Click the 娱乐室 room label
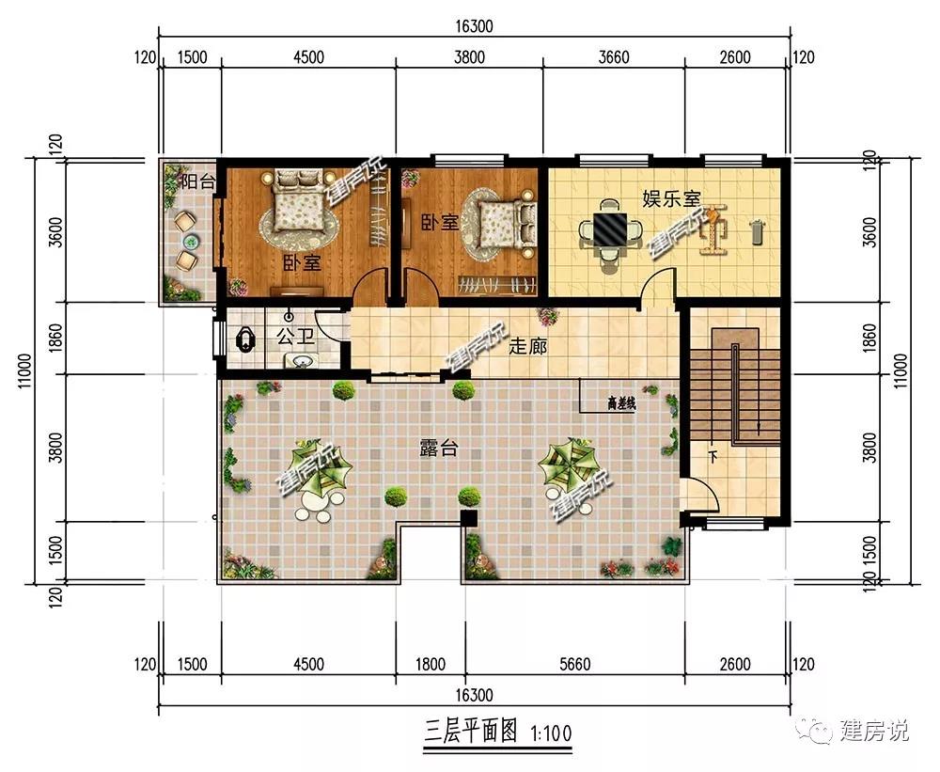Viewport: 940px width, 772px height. [671, 198]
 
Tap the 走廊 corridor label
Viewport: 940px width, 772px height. [527, 346]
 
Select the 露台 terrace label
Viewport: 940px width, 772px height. [439, 448]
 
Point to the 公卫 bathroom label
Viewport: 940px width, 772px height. [295, 336]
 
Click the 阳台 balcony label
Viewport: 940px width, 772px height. [197, 181]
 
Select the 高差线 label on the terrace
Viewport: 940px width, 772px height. [621, 404]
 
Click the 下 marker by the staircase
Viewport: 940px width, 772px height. [713, 457]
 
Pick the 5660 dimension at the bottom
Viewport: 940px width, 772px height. [575, 664]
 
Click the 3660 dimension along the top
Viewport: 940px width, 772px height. [614, 57]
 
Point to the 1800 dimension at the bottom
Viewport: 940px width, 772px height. [431, 664]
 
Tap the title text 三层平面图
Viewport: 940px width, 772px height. [471, 732]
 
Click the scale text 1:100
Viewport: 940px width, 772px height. [552, 733]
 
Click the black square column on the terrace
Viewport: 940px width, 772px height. [468, 518]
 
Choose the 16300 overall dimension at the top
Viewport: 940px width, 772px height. [474, 26]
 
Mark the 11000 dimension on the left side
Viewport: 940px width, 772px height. [25, 370]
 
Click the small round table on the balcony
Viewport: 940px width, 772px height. [191, 242]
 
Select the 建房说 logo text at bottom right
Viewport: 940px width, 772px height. [873, 730]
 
